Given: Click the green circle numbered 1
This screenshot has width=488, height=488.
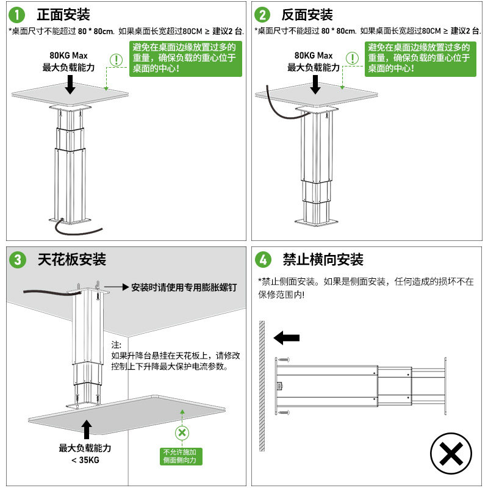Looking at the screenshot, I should (x=18, y=14).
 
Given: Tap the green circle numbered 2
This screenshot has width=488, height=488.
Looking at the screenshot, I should (x=262, y=14).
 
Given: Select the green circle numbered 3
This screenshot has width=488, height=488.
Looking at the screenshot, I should (x=18, y=260).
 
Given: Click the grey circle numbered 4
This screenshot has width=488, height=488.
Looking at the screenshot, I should (x=262, y=260).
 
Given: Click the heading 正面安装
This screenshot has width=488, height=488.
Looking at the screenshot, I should (x=63, y=14).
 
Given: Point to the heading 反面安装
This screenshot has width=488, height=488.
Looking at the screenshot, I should (x=307, y=14).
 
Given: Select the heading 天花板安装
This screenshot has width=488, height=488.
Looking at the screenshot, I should (x=72, y=260).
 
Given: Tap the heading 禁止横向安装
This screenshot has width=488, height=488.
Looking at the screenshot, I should (x=323, y=260).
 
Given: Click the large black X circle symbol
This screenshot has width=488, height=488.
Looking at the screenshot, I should (x=451, y=454).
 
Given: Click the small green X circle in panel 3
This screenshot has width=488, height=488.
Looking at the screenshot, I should (x=181, y=432).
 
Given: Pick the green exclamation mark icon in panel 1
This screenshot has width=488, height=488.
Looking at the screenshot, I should (x=116, y=59).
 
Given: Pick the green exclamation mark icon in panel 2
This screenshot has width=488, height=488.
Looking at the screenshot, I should (x=352, y=58).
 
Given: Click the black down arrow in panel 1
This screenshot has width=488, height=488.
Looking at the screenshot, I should (x=70, y=84).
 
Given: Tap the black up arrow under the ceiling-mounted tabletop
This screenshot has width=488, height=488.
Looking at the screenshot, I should (x=86, y=429).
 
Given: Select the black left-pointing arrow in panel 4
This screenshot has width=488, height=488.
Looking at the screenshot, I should (x=287, y=337).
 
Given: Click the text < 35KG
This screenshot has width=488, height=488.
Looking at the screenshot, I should (x=85, y=461).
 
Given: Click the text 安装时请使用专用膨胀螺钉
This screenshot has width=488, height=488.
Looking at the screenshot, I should (x=183, y=287).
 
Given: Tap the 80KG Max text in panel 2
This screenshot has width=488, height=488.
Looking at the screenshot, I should (x=314, y=56).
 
